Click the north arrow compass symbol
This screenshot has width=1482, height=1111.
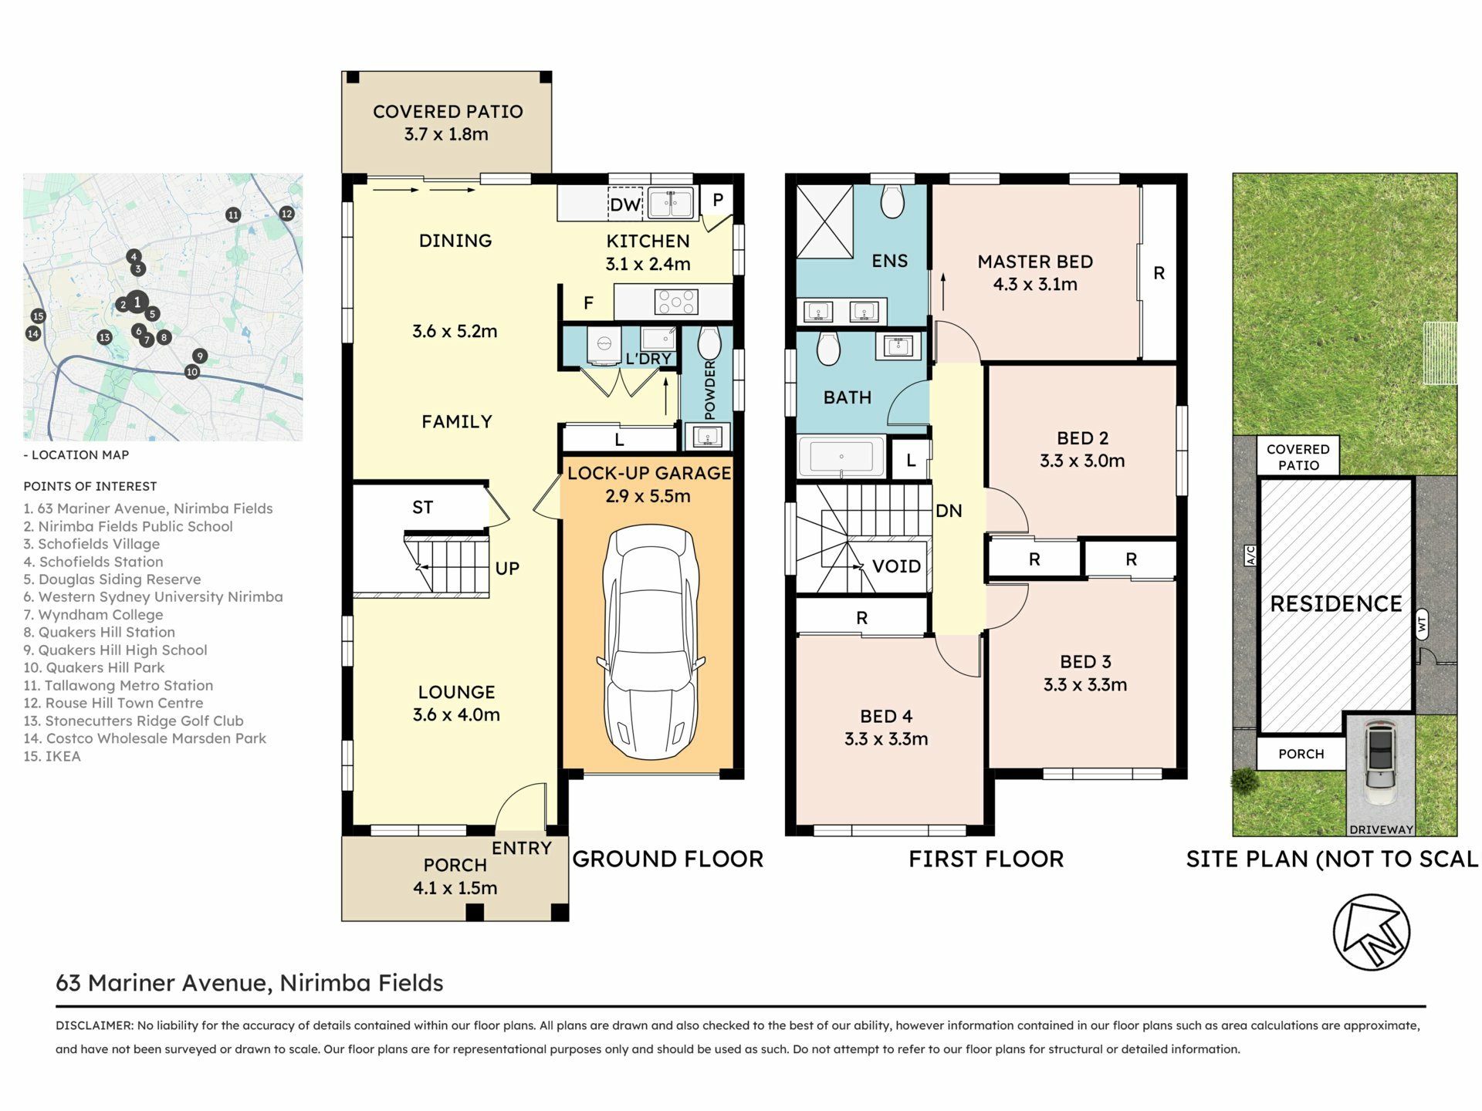coord(1372,932)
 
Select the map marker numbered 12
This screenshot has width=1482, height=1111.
coord(286,214)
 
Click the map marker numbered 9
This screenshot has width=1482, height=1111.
coord(200,356)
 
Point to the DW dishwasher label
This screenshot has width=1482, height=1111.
coord(625,204)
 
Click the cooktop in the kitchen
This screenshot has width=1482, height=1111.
coord(676,302)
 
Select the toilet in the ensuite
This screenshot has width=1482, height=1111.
coord(892,201)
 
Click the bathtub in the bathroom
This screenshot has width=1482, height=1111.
coord(841,457)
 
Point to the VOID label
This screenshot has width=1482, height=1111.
coord(896,566)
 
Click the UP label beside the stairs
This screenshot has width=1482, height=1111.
coord(507,569)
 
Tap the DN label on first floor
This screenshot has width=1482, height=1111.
coord(949,511)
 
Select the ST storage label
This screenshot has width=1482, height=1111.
coord(422,507)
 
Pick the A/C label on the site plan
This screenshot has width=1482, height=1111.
coord(1250,555)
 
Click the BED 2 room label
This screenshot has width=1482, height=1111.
coord(1082,438)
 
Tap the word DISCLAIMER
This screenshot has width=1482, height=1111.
coord(94,1025)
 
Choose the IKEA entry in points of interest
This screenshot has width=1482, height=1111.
coord(52,756)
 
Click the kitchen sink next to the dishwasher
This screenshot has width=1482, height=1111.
coord(671,204)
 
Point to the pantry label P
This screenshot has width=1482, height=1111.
coord(718,200)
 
